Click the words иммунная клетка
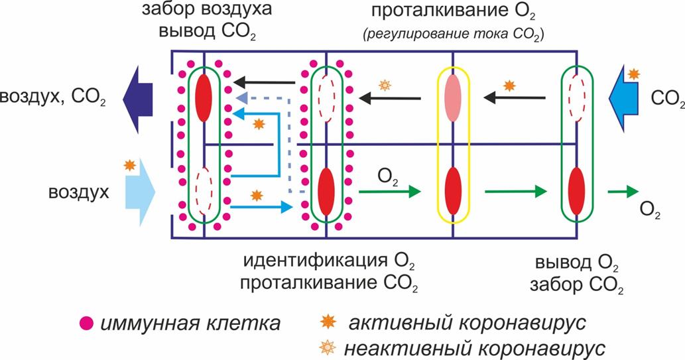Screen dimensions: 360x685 [190, 324]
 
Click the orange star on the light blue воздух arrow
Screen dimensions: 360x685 [127, 166]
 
